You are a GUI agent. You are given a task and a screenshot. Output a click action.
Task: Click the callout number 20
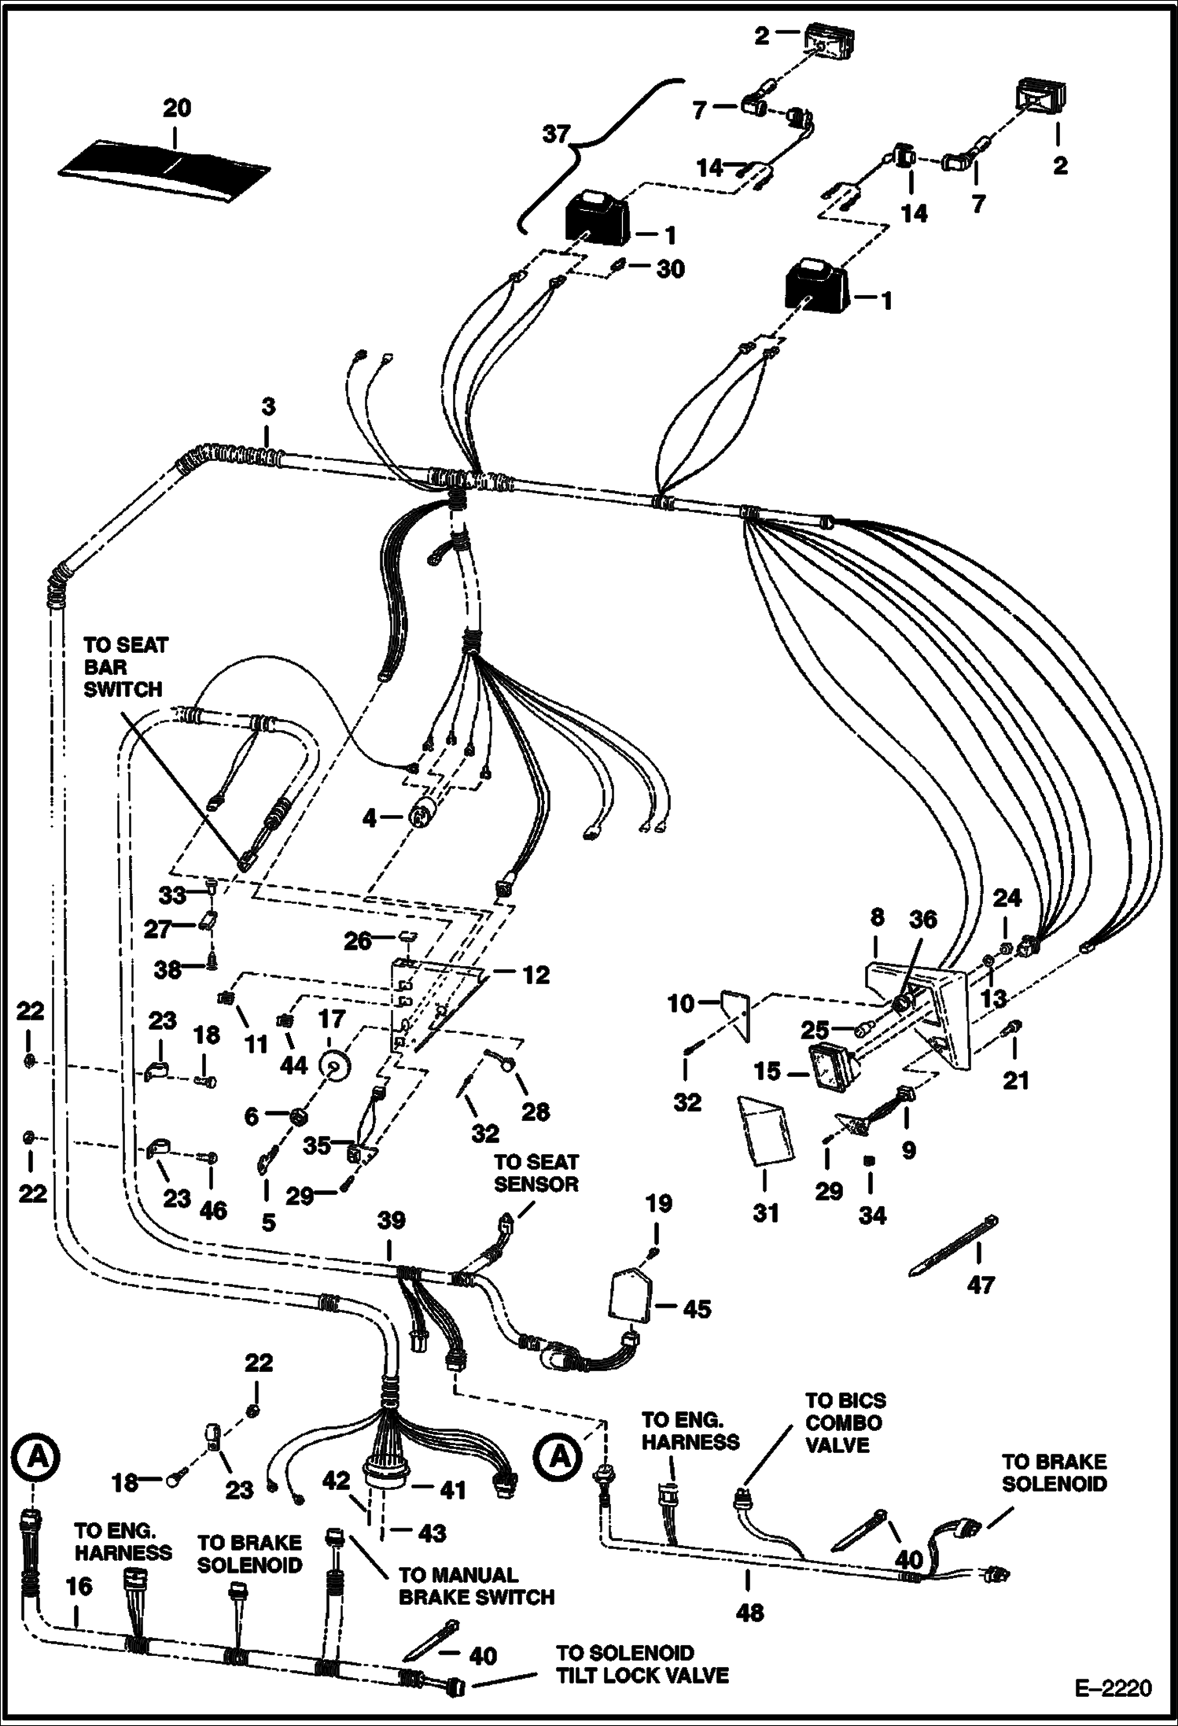[x=177, y=107]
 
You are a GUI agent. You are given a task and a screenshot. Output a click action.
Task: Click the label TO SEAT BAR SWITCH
[x=125, y=667]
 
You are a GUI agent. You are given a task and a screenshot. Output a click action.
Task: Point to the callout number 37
[x=555, y=135]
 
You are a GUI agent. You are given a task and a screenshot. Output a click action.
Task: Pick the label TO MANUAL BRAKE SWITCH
[x=477, y=1585]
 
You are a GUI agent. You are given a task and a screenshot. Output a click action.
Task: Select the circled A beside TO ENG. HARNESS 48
[x=559, y=1456]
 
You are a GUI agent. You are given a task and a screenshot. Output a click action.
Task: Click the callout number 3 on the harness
[x=268, y=408]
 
